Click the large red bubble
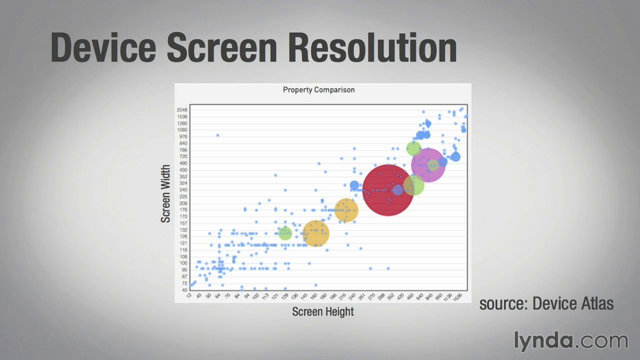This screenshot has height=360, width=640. [x=388, y=190]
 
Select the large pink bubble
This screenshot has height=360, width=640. [x=428, y=165]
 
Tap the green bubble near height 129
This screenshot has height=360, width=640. [x=285, y=233]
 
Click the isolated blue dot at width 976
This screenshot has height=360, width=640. [x=217, y=135]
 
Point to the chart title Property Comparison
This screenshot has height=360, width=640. [x=318, y=90]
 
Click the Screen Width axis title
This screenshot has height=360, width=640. [x=165, y=194]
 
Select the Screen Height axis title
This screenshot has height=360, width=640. [x=323, y=312]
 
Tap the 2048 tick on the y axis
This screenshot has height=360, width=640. [x=181, y=110]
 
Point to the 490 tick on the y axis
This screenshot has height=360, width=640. [x=182, y=163]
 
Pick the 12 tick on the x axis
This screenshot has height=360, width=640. [x=189, y=296]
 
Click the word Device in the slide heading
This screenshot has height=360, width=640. [x=104, y=48]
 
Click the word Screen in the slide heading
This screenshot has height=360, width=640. [x=221, y=48]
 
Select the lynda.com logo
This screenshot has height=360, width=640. [x=570, y=341]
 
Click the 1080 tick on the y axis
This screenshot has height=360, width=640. [x=181, y=130]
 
